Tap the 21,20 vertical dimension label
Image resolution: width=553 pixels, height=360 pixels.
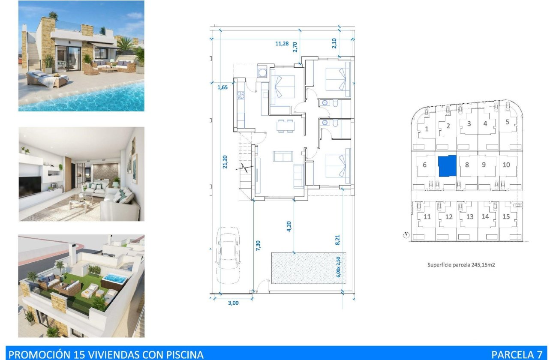[x=224, y=162]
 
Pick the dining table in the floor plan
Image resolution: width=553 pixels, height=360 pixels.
[x=285, y=126]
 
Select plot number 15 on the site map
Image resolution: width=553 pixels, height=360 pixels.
[x=506, y=216]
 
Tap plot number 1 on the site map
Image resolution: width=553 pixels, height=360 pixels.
[x=427, y=129]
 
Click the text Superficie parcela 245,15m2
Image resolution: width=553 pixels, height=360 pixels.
[x=461, y=265]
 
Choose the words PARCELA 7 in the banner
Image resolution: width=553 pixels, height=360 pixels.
[x=517, y=354]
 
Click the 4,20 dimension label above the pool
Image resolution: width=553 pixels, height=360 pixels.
[x=289, y=226]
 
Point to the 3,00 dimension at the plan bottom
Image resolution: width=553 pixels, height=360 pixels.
[x=233, y=303]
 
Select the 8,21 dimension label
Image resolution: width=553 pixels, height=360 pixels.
[x=338, y=240]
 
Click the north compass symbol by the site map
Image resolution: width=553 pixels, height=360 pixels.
[x=406, y=235]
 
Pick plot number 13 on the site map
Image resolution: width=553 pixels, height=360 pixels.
[x=470, y=216]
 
